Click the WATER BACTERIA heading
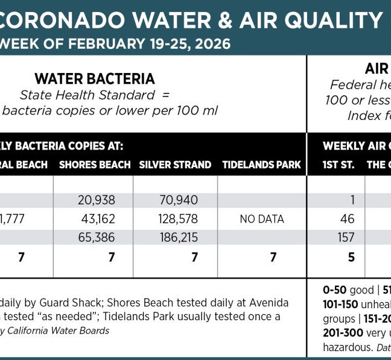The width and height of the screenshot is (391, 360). pyautogui.click(x=95, y=78)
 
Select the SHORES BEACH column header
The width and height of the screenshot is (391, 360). pyautogui.click(x=95, y=165)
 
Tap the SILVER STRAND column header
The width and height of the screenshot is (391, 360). pyautogui.click(x=175, y=165)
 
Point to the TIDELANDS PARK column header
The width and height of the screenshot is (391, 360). pyautogui.click(x=261, y=165)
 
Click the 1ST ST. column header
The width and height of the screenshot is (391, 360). pyautogui.click(x=339, y=165)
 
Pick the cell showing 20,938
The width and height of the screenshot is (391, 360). pyautogui.click(x=97, y=200)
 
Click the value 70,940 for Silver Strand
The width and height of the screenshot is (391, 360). pyautogui.click(x=179, y=200)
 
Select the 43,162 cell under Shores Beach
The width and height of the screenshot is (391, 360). pyautogui.click(x=97, y=218)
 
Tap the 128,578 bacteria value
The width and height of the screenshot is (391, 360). pyautogui.click(x=179, y=218)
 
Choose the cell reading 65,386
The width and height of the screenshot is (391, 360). pyautogui.click(x=97, y=237)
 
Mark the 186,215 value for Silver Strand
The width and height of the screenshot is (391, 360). pyautogui.click(x=179, y=237)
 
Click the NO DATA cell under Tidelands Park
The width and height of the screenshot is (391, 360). pyautogui.click(x=262, y=219)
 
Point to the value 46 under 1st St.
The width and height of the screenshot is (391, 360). pyautogui.click(x=347, y=218)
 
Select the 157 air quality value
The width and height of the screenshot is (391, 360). pyautogui.click(x=346, y=237)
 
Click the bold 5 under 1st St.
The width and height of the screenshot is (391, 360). pyautogui.click(x=351, y=257)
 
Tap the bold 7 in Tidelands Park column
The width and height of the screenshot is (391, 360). pyautogui.click(x=273, y=257)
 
